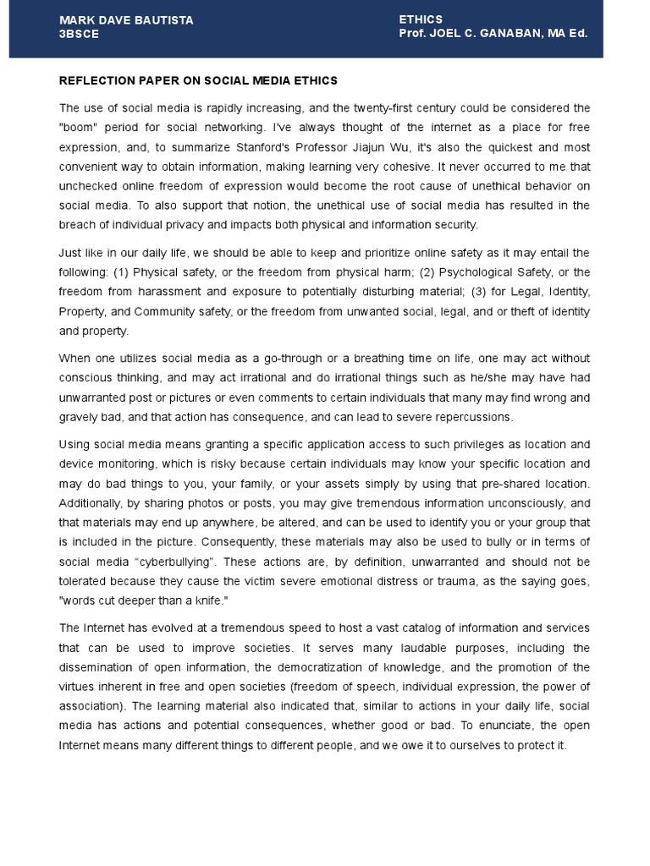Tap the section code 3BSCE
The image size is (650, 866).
(79, 34)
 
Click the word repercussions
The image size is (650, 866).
(473, 417)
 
